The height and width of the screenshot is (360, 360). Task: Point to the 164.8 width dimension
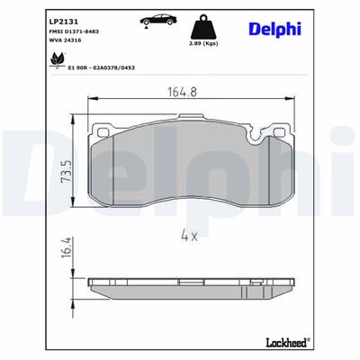click(x=182, y=90)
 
